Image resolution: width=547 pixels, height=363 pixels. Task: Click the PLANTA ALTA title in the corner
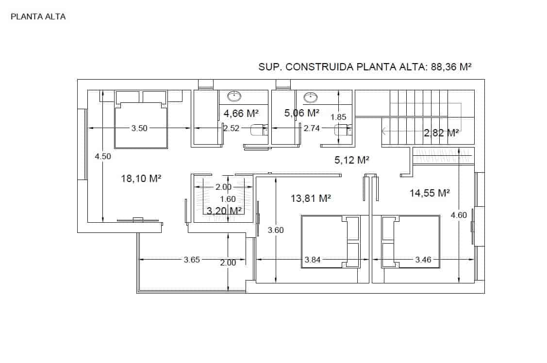tap(38, 16)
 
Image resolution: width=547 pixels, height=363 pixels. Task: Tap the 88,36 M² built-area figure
tap(451, 67)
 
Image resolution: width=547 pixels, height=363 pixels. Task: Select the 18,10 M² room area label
tap(141, 179)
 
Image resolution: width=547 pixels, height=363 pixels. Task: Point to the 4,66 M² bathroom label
tap(241, 114)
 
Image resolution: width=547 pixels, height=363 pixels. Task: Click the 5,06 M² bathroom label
tap(302, 113)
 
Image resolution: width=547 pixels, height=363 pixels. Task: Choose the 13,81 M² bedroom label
tap(311, 198)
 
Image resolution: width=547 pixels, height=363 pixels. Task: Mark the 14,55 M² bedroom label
tap(430, 193)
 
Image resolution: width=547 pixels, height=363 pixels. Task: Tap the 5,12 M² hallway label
tap(352, 160)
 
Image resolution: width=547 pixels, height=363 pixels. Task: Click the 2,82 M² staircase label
tap(441, 133)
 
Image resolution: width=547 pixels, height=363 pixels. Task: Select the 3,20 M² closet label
tap(224, 211)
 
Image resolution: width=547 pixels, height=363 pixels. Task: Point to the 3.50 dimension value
tap(139, 128)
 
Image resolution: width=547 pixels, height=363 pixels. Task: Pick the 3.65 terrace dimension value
tap(192, 260)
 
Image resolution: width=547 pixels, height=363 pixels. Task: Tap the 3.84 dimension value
tap(313, 260)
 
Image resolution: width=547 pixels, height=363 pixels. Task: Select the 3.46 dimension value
tap(423, 260)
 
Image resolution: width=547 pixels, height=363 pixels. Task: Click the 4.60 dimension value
tap(459, 215)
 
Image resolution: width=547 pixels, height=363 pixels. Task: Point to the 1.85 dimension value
tap(338, 117)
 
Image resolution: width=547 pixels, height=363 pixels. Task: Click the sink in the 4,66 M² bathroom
tap(235, 96)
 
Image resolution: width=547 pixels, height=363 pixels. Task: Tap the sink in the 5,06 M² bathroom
tap(310, 98)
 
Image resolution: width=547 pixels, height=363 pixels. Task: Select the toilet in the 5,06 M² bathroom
tap(343, 130)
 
